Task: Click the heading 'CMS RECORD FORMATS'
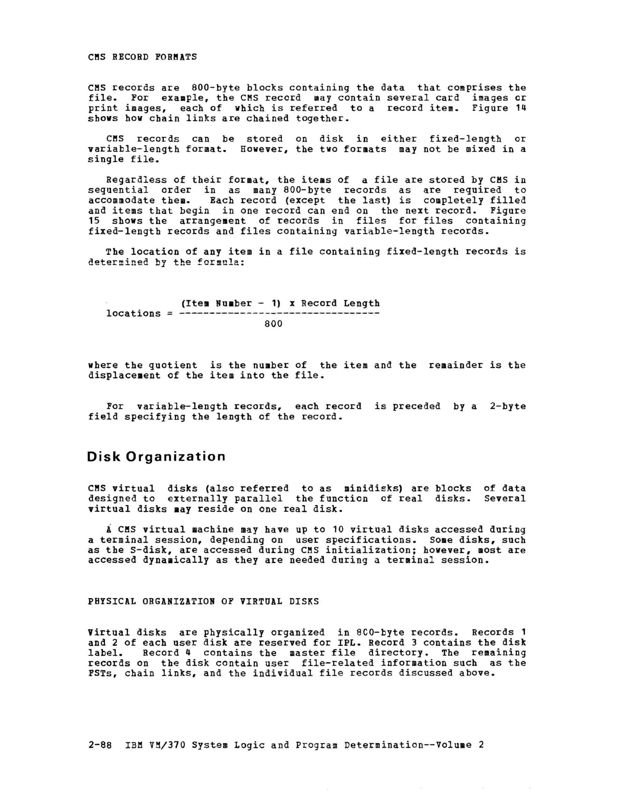[x=142, y=57]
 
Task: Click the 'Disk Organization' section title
[x=156, y=456]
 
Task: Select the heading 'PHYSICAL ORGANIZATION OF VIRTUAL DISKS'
[x=203, y=601]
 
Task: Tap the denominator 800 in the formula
[x=273, y=324]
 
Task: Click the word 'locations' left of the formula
[x=133, y=314]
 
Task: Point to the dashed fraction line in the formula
[x=279, y=314]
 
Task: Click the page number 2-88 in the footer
[x=100, y=745]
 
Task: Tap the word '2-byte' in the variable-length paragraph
[x=507, y=407]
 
